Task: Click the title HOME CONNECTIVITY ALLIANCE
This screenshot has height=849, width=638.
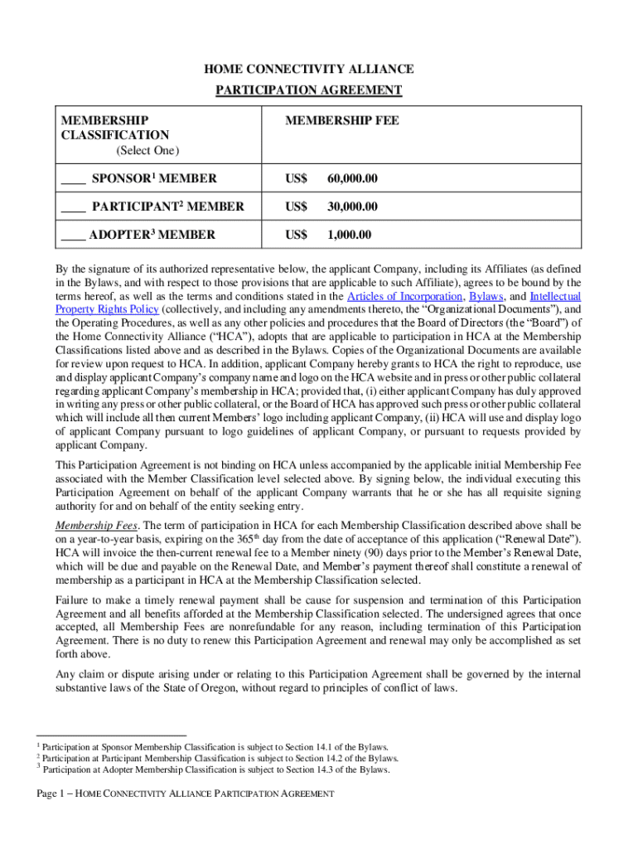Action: tap(309, 69)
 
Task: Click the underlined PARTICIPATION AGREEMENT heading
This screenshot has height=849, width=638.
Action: tap(309, 90)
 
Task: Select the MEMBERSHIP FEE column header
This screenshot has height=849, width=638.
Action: tap(342, 121)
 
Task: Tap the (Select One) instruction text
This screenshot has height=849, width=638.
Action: tap(147, 151)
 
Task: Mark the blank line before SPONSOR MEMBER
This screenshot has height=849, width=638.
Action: tap(73, 179)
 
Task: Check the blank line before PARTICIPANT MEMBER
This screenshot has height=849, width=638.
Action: tap(73, 207)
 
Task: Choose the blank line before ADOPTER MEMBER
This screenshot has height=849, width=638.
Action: tap(72, 235)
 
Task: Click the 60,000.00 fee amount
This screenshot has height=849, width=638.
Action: tap(352, 178)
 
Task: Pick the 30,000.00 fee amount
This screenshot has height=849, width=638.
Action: tap(352, 206)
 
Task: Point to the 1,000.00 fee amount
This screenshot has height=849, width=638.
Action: tap(349, 235)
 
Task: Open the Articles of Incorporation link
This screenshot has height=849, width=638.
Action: tap(404, 297)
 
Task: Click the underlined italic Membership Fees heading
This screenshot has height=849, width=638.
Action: tap(89, 526)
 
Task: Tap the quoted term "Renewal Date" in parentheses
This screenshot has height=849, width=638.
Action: tap(539, 540)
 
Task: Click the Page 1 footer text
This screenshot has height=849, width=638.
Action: tap(186, 794)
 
